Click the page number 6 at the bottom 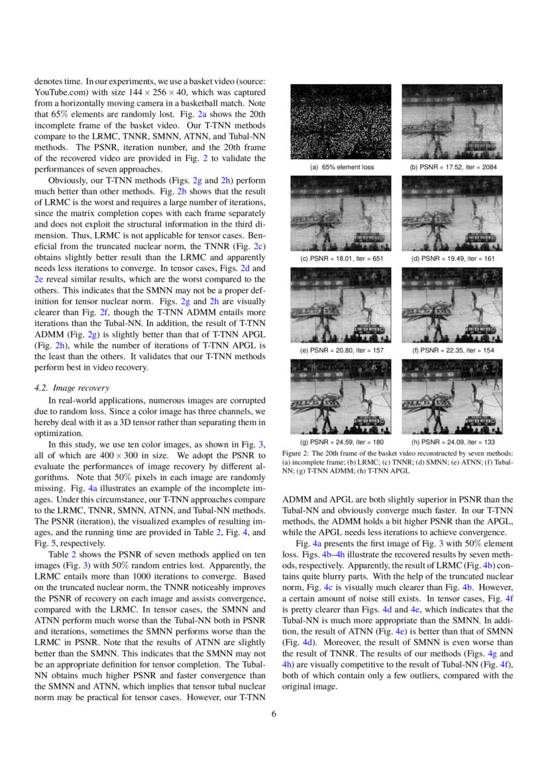pyautogui.click(x=274, y=714)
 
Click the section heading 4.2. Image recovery pyautogui.click(x=72, y=388)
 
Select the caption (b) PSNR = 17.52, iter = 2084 pyautogui.click(x=453, y=167)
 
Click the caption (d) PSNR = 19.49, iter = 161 pyautogui.click(x=453, y=259)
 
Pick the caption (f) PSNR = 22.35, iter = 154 pyautogui.click(x=453, y=350)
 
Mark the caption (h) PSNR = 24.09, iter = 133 pyautogui.click(x=453, y=442)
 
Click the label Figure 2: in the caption pyautogui.click(x=297, y=453)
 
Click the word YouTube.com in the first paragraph pyautogui.click(x=56, y=92)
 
